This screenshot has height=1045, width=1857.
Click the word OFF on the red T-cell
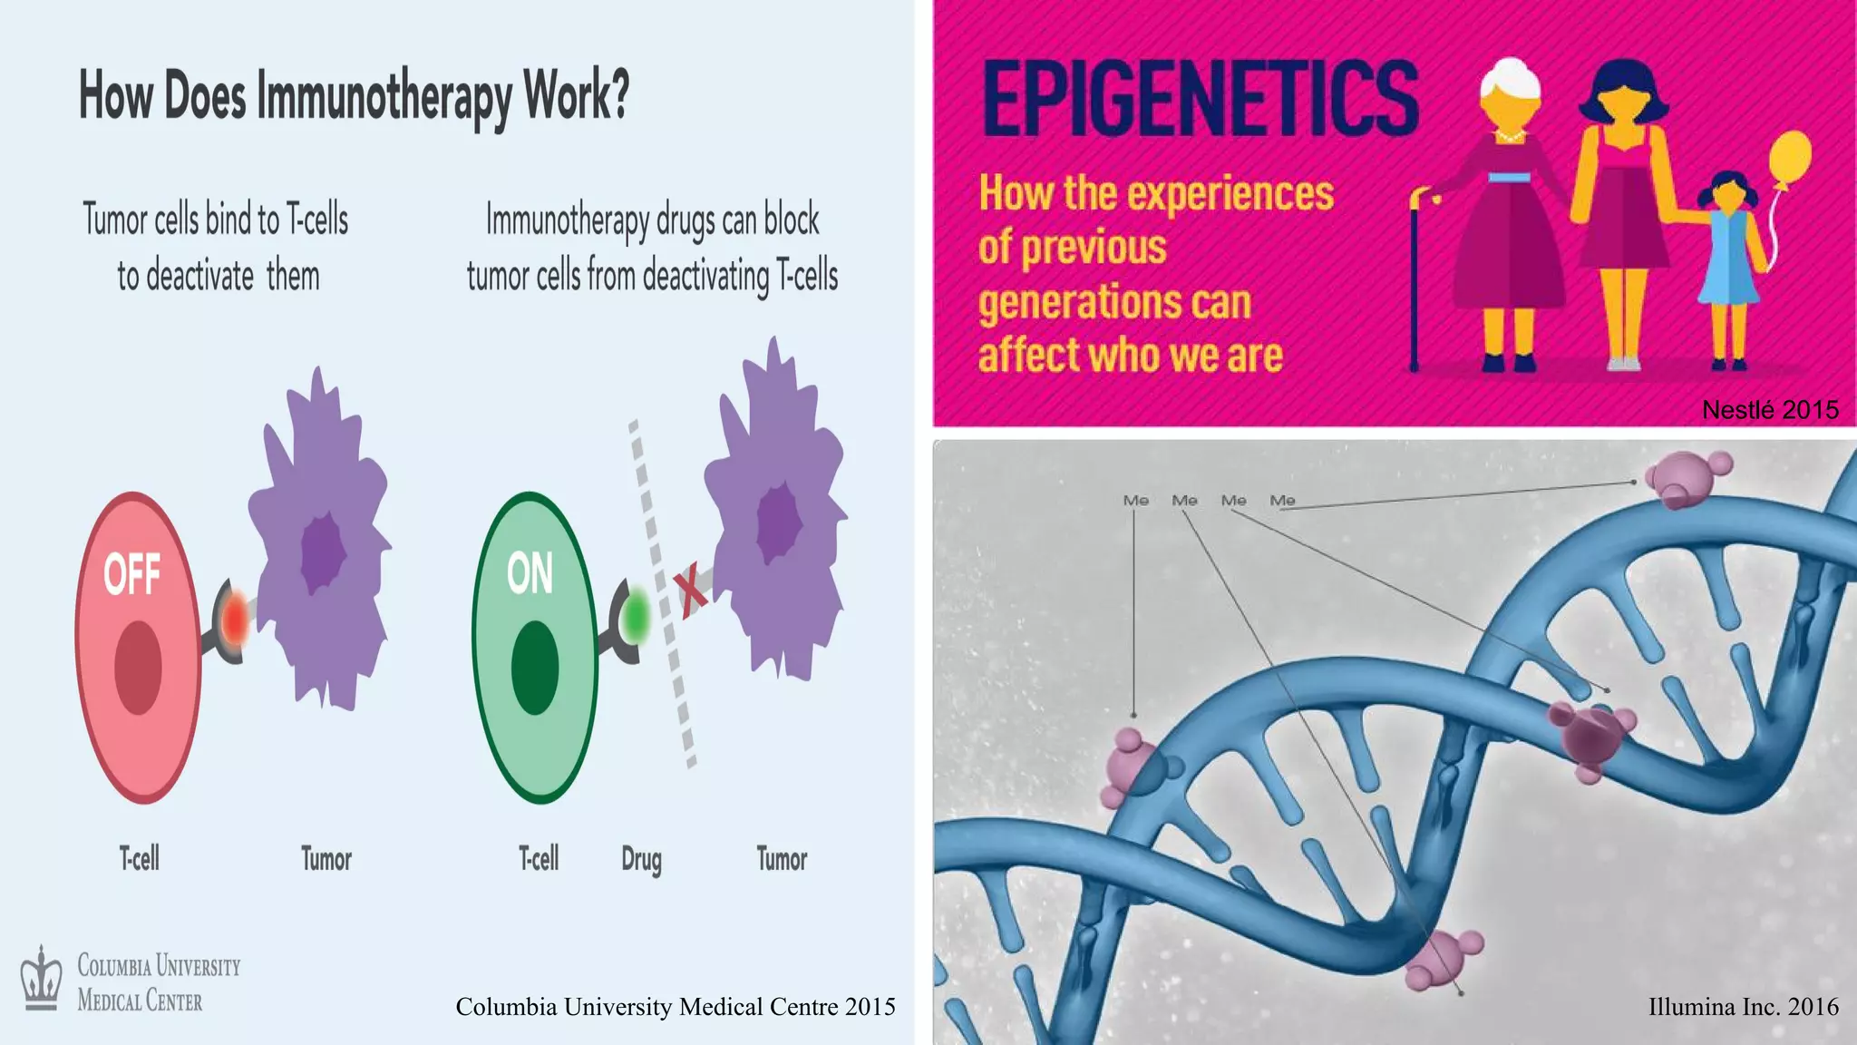click(x=132, y=575)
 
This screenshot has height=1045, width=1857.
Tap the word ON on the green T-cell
click(x=530, y=573)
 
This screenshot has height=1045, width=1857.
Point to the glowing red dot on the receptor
click(x=235, y=620)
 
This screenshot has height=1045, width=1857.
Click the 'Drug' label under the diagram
click(x=641, y=859)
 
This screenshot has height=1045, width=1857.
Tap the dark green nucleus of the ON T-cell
click(x=535, y=668)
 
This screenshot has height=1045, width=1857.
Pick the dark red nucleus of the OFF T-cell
click(x=138, y=668)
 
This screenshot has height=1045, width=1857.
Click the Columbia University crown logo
click(x=41, y=978)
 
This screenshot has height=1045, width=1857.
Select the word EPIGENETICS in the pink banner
click(x=1201, y=98)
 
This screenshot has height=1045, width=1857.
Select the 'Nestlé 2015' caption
click(x=1770, y=410)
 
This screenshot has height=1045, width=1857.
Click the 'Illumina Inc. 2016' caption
click(x=1743, y=1006)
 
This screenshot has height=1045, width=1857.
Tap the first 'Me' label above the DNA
click(x=1135, y=500)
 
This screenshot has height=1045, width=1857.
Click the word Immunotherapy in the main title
click(x=384, y=96)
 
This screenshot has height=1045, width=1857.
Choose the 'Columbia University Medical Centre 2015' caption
click(x=675, y=1006)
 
